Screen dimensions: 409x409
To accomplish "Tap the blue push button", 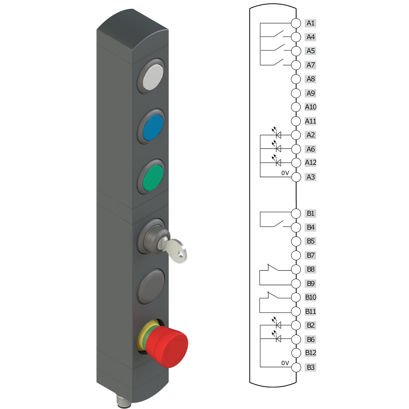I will click(x=153, y=127).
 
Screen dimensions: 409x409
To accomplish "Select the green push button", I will click(x=153, y=177).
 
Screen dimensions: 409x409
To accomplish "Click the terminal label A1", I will click(x=310, y=23).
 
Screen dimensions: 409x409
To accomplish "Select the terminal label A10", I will click(x=311, y=107).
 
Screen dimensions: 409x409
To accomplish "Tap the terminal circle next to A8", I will click(x=296, y=79).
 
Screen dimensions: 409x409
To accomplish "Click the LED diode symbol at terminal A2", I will click(x=278, y=135).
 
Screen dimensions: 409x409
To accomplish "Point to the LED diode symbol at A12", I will click(x=278, y=163).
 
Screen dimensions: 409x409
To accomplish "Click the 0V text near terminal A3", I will click(x=285, y=173).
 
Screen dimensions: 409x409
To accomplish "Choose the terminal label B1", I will click(x=310, y=213).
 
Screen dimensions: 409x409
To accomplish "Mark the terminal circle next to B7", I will click(x=296, y=255).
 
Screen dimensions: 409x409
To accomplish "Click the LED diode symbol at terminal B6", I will click(x=278, y=339).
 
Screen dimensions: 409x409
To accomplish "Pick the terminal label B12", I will click(x=311, y=353).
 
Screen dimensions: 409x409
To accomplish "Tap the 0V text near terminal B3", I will click(x=285, y=363).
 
